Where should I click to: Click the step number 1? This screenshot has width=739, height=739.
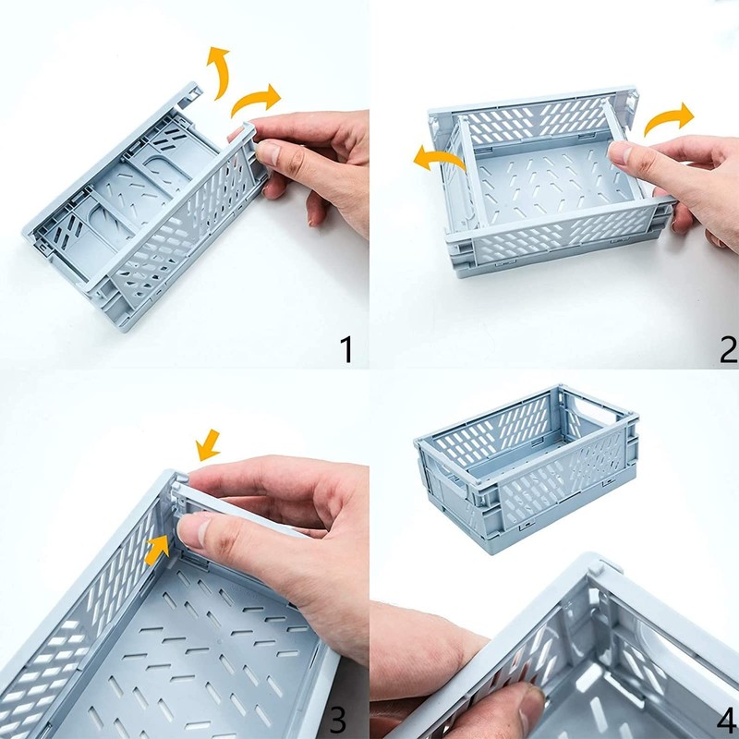pos(346,350)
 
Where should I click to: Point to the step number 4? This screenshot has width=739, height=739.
pos(727,720)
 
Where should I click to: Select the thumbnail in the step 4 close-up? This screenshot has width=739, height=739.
pos(532,712)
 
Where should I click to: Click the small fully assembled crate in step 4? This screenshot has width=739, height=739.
pos(525,466)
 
